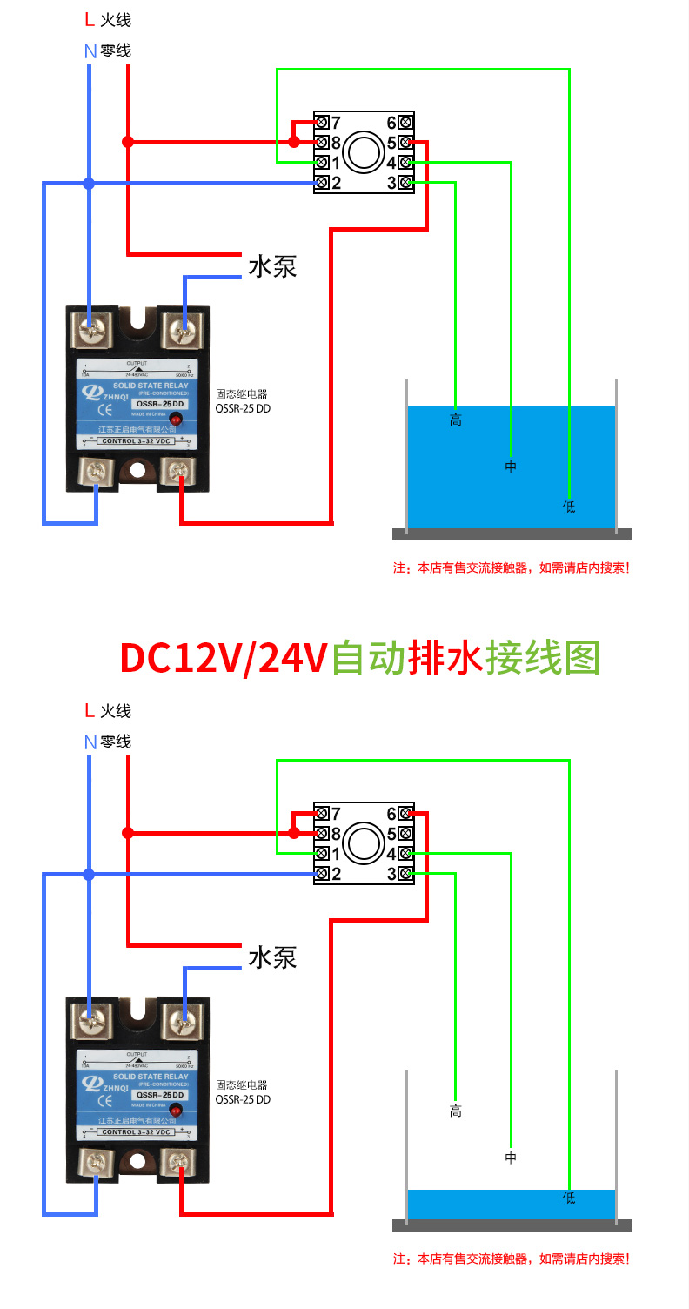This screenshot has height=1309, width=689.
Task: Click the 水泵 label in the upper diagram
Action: pyautogui.click(x=272, y=265)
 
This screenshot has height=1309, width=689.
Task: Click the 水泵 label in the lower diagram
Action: pyautogui.click(x=272, y=957)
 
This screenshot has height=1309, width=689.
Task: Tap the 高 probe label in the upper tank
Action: pyautogui.click(x=455, y=421)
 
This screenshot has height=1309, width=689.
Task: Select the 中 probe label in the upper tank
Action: pyautogui.click(x=511, y=467)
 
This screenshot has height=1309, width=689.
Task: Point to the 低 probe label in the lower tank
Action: pyautogui.click(x=569, y=1198)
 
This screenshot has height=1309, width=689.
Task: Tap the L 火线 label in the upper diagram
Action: pyautogui.click(x=109, y=20)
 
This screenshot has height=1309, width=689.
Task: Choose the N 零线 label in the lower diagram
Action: pyautogui.click(x=108, y=742)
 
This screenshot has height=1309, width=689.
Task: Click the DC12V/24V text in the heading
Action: pyautogui.click(x=222, y=658)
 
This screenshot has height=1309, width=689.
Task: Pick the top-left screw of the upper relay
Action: pyautogui.click(x=91, y=329)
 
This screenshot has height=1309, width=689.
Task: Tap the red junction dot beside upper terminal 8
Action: pyautogui.click(x=294, y=142)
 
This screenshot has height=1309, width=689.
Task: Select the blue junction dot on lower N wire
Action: pyautogui.click(x=88, y=875)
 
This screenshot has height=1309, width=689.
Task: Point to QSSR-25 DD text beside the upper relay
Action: pyautogui.click(x=243, y=407)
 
